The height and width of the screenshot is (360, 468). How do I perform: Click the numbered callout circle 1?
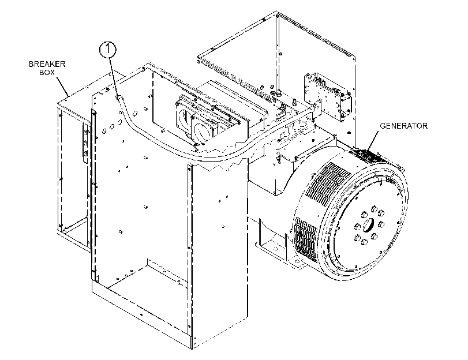pyautogui.click(x=107, y=49)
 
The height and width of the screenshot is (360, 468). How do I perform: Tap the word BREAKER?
pyautogui.click(x=47, y=64)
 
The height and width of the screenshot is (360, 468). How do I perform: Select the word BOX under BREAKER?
pyautogui.click(x=47, y=72)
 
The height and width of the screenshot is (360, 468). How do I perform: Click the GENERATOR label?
pyautogui.click(x=403, y=126)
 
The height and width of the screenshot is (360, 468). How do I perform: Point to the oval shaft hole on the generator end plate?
pyautogui.click(x=369, y=224)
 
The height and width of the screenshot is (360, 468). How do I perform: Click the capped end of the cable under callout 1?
pyautogui.click(x=119, y=97)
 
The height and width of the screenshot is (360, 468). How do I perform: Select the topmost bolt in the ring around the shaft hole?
pyautogui.click(x=373, y=208)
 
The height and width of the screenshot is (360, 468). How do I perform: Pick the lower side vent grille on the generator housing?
pyautogui.click(x=305, y=239)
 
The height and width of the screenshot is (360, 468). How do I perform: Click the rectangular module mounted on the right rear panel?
pyautogui.click(x=327, y=97)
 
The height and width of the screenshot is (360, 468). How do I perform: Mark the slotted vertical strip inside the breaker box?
pyautogui.click(x=85, y=143)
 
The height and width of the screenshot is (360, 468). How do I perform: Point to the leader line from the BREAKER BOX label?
pyautogui.click(x=62, y=86)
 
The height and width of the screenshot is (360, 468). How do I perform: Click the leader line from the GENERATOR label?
pyautogui.click(x=373, y=140)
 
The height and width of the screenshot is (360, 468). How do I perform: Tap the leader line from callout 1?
pyautogui.click(x=114, y=76)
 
